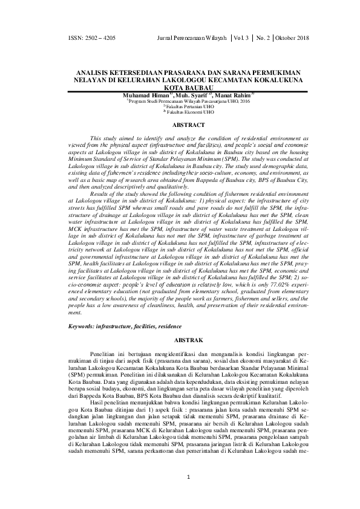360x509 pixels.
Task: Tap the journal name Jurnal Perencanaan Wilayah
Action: point(191,38)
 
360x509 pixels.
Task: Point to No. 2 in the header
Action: point(263,38)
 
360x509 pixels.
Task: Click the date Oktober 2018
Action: point(292,38)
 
